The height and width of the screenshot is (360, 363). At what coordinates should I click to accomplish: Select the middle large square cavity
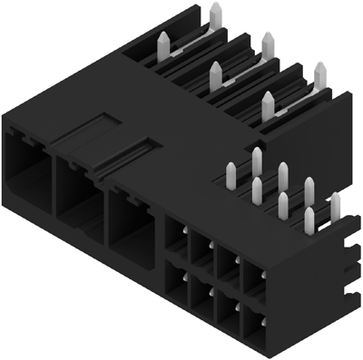80,194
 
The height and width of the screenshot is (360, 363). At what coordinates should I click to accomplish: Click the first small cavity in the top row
173,238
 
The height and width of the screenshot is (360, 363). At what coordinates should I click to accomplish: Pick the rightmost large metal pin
319,78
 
